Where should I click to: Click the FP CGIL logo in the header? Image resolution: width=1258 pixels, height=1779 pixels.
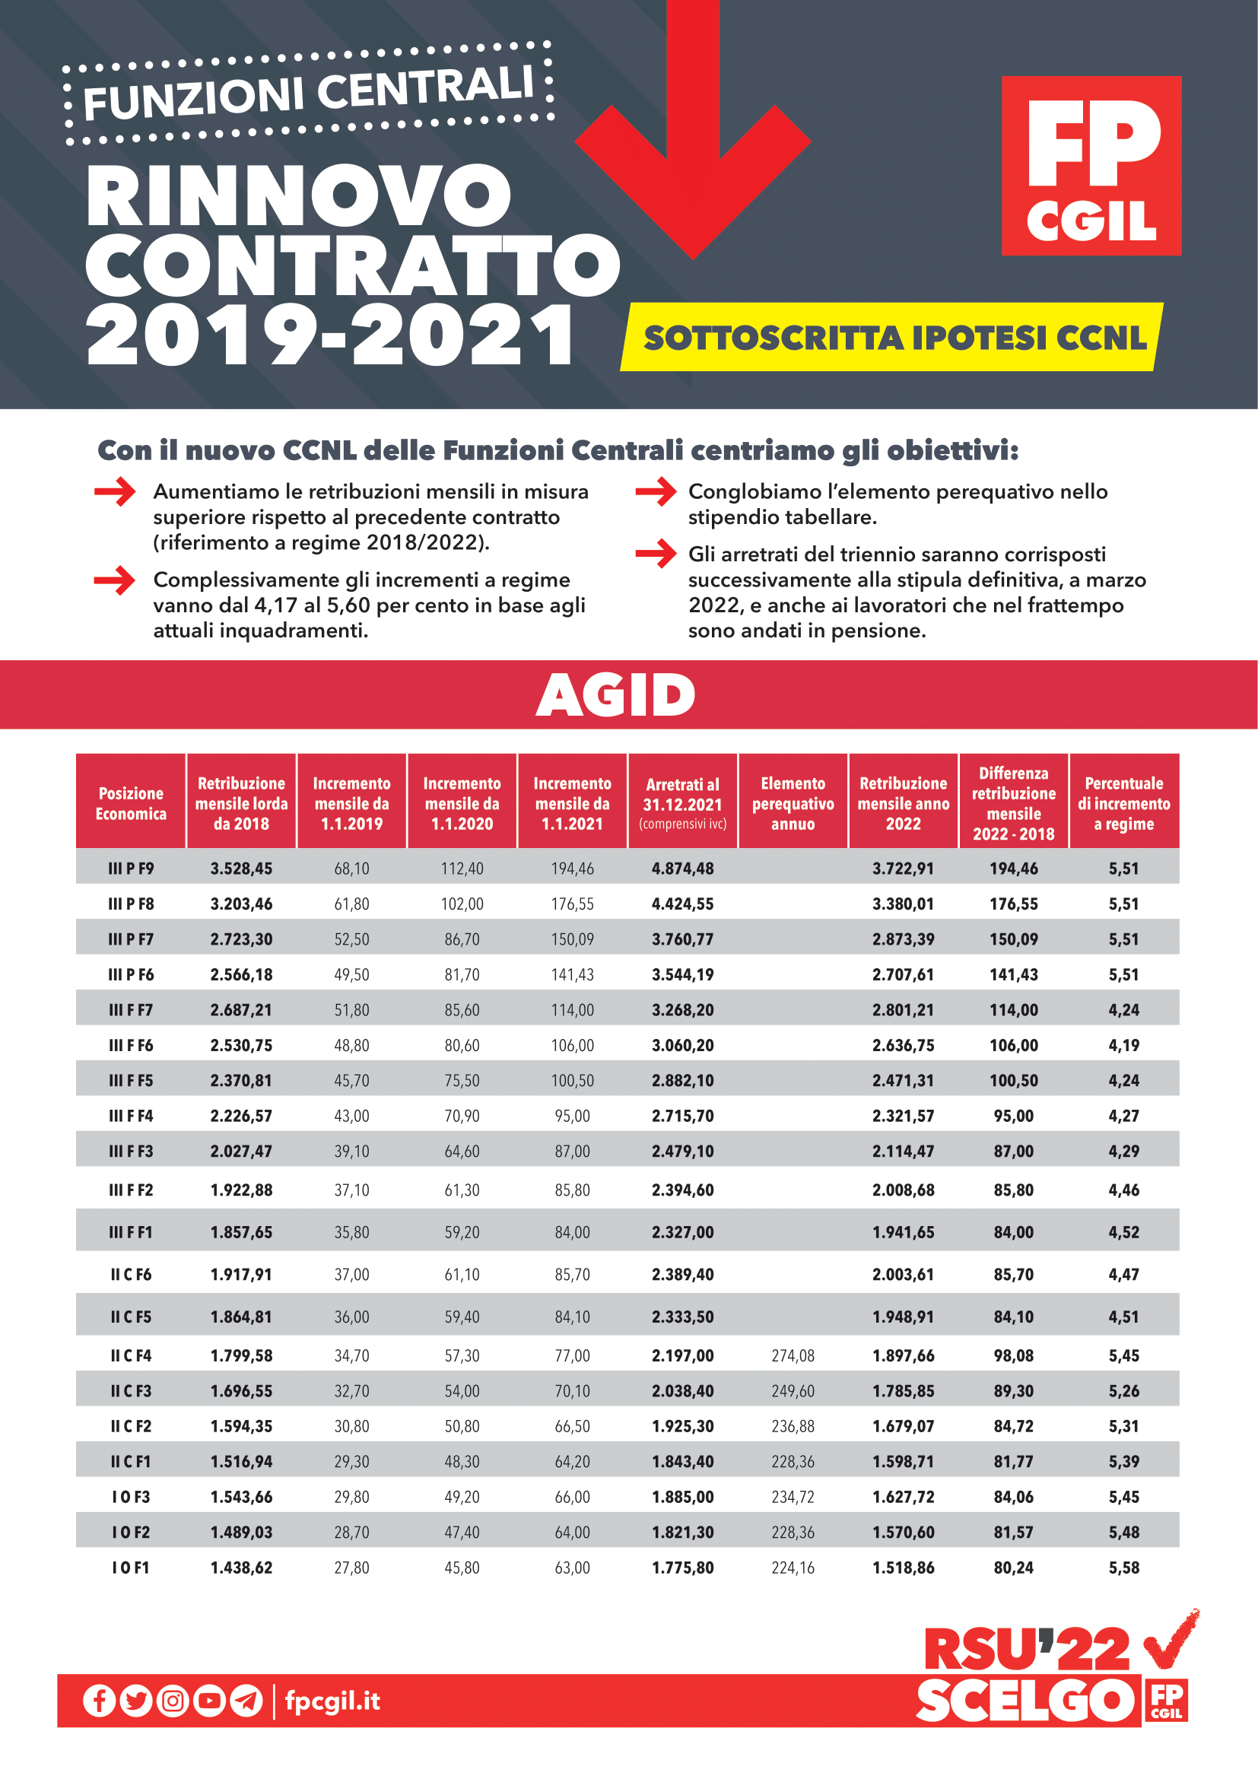[x=1091, y=165]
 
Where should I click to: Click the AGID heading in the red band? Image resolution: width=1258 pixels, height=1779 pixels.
[x=616, y=695]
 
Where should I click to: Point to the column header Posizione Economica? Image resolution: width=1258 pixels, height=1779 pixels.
[x=131, y=802]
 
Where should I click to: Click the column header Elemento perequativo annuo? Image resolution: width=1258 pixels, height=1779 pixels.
[x=793, y=802]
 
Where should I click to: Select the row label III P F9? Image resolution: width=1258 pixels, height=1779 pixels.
[x=131, y=869]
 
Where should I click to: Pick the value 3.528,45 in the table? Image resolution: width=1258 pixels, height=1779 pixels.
[x=241, y=869]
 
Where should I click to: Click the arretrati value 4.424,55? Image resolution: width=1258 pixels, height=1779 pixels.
[x=682, y=904]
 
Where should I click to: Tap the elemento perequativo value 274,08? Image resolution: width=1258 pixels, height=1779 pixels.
[x=793, y=1355]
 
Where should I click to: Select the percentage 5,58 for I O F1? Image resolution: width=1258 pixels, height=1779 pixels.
[x=1123, y=1568]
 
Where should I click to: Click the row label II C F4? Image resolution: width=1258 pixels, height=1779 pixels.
[x=131, y=1355]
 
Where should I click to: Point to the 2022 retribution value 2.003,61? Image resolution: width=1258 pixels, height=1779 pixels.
[x=904, y=1274]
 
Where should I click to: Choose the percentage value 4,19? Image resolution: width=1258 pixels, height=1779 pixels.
[x=1123, y=1045]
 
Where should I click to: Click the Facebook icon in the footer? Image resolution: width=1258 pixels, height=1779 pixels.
[x=99, y=1701]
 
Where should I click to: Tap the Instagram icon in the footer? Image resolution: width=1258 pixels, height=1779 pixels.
[x=173, y=1701]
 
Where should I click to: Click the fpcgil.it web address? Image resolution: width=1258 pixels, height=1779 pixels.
[x=332, y=1701]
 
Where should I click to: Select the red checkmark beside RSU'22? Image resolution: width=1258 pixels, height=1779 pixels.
[x=1171, y=1641]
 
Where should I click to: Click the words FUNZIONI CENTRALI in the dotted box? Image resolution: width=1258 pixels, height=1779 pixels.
[x=308, y=94]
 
